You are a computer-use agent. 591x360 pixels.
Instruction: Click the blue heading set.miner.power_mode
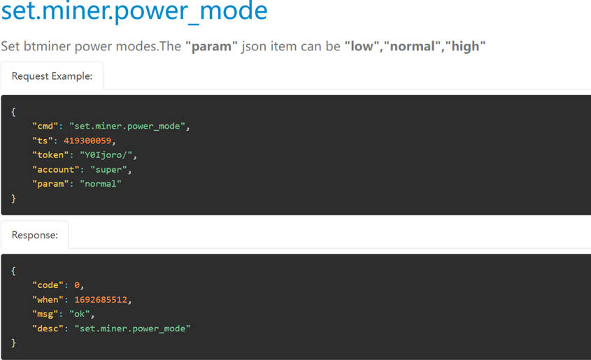[x=134, y=10]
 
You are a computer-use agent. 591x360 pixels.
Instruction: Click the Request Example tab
[x=52, y=76]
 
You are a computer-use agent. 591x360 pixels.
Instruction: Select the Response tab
[x=35, y=235]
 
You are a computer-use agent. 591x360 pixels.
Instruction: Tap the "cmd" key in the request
[x=45, y=126]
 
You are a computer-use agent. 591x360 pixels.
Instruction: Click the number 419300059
[x=87, y=141]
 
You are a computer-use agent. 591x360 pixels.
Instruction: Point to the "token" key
[x=50, y=155]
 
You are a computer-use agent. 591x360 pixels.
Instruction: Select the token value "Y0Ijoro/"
[x=106, y=155]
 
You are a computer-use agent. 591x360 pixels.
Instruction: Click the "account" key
[x=55, y=170]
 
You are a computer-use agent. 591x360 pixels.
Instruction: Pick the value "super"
[x=108, y=170]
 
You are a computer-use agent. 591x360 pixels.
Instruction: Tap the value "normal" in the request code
[x=101, y=184]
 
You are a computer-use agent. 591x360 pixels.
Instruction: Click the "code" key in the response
[x=48, y=285]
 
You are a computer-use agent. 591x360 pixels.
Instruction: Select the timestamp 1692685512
[x=101, y=300]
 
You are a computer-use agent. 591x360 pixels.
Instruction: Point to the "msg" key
[x=45, y=314]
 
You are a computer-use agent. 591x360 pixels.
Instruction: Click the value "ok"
[x=80, y=314]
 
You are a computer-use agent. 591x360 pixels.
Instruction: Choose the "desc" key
[x=48, y=329]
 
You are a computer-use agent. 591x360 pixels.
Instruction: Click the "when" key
[x=48, y=300]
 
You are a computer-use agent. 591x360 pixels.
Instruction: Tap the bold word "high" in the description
[x=466, y=47]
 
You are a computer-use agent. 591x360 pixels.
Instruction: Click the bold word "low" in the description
[x=362, y=46]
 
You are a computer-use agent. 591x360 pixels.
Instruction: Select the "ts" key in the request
[x=42, y=141]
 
